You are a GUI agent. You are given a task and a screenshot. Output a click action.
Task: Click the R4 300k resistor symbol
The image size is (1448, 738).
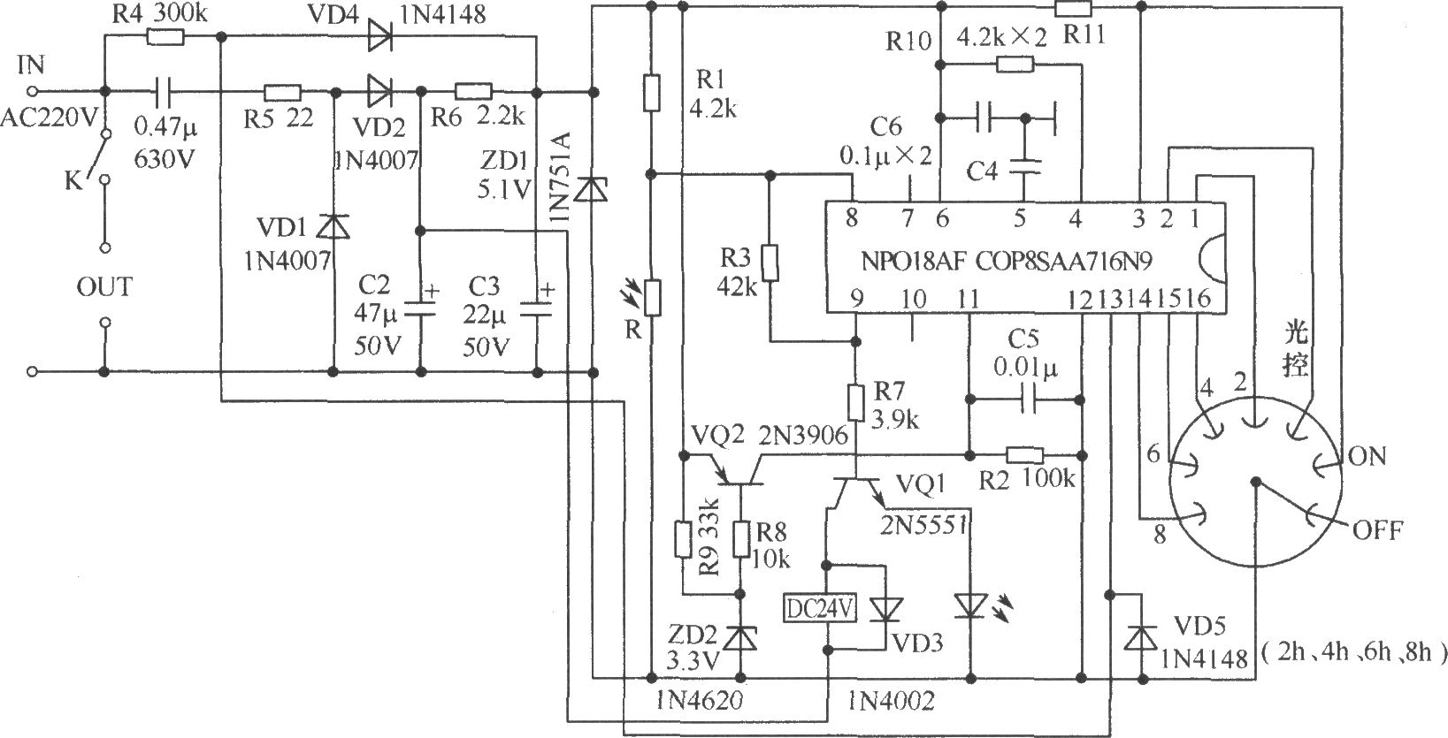(x=165, y=37)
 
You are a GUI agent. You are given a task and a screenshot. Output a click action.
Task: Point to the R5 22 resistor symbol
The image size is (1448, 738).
(x=282, y=92)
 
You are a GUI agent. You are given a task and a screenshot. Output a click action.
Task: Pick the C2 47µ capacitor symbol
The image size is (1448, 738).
(x=420, y=310)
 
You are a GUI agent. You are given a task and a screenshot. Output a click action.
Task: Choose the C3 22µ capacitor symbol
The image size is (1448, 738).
(x=537, y=310)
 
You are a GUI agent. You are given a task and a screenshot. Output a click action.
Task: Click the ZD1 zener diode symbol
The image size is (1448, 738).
(x=591, y=188)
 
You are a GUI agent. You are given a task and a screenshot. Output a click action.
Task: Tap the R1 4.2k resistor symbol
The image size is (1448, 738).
(x=652, y=92)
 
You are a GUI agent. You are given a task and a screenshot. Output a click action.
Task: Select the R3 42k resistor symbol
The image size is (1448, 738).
(x=770, y=262)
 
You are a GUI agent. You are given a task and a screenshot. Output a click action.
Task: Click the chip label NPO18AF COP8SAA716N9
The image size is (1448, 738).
(x=1007, y=261)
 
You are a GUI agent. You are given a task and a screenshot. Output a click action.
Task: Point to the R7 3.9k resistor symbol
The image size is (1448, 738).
(x=855, y=403)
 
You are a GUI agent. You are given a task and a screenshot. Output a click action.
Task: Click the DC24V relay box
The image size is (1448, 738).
(x=819, y=607)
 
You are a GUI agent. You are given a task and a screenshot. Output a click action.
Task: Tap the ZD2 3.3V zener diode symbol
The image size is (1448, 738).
(x=740, y=638)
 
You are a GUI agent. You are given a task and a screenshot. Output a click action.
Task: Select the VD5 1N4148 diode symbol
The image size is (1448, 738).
(x=1141, y=638)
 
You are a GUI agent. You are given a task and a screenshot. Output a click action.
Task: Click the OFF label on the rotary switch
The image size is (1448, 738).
(x=1377, y=530)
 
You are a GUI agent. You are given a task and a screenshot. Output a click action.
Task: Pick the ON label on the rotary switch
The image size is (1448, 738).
(x=1368, y=456)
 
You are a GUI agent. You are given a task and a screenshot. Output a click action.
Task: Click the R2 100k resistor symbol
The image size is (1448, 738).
(x=1024, y=455)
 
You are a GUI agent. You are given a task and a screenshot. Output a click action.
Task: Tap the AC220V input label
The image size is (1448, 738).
(x=50, y=118)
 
